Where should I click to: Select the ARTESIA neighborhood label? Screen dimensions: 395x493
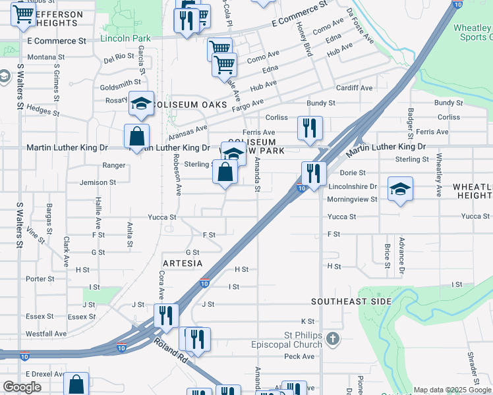[x=182, y=263]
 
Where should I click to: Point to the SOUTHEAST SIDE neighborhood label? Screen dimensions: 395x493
[x=351, y=302]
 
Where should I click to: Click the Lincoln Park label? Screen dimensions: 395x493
[x=125, y=39]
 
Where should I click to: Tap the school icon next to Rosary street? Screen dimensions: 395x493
[x=141, y=103]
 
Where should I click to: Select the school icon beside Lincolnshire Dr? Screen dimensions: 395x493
[x=400, y=189]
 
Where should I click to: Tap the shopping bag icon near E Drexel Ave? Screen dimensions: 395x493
[x=76, y=384]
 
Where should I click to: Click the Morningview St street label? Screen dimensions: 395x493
[x=352, y=199]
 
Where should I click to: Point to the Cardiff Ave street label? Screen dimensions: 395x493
[x=354, y=88]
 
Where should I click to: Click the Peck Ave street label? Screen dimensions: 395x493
[x=299, y=356]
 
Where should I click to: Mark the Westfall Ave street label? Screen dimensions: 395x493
[x=46, y=334]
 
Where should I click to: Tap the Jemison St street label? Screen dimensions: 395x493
[x=98, y=182]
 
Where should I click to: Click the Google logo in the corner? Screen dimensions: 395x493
[x=22, y=387]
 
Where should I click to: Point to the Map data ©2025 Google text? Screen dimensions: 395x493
[x=452, y=390]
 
